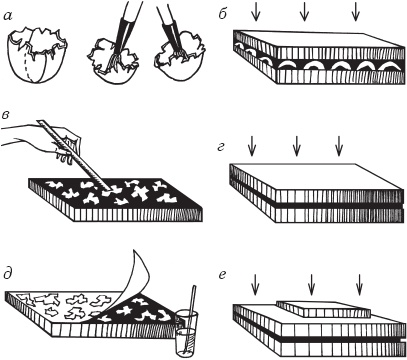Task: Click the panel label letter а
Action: click(7, 15)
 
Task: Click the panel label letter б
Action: click(224, 14)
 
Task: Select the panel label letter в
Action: click(5, 115)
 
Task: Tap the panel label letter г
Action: click(221, 147)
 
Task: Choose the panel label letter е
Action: click(223, 275)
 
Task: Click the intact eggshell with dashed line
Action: click(37, 56)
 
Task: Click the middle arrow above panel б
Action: click(304, 12)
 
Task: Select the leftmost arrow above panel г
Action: click(252, 146)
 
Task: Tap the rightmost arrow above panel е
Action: click(359, 285)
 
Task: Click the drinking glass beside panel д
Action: click(186, 332)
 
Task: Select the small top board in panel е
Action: click(324, 309)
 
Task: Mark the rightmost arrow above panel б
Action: click(356, 12)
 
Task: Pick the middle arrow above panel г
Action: click(296, 146)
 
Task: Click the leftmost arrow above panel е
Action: click(255, 285)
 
